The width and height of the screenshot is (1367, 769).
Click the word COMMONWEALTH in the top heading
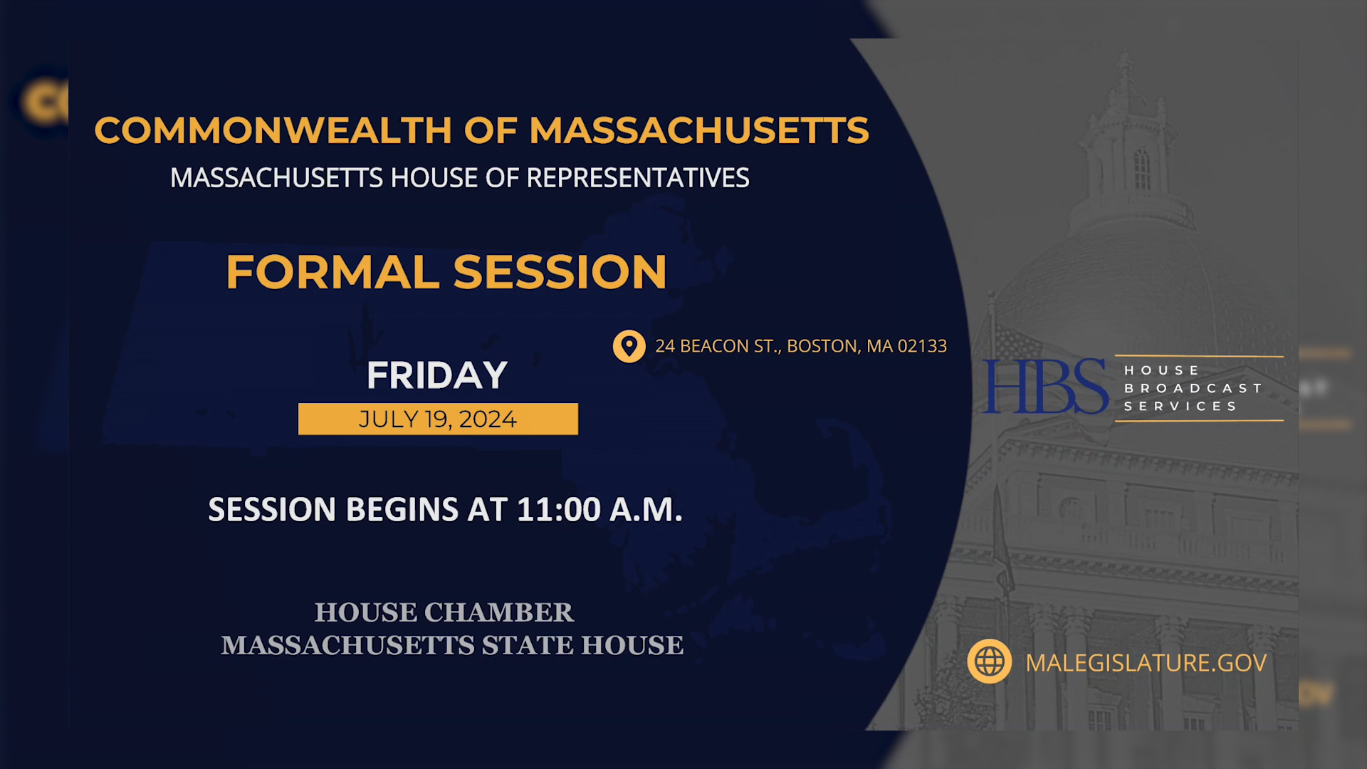273,130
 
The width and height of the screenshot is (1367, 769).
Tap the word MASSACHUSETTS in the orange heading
698,130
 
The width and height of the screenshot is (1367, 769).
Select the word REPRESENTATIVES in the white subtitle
637,178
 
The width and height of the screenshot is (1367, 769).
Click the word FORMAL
332,272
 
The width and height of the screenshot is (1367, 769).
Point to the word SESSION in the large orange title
560,272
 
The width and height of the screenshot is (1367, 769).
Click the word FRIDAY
437,375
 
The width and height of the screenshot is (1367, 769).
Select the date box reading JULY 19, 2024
438,419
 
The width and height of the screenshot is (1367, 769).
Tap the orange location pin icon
629,346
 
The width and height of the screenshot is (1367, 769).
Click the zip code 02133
922,346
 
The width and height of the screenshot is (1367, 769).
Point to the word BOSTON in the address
822,346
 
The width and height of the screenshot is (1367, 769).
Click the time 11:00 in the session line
559,510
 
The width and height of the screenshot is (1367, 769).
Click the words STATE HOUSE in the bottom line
582,645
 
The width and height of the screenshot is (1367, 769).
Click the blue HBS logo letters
1044,387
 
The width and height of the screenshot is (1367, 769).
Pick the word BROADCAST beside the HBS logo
1193,388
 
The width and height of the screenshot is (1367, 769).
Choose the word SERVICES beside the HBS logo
1180,406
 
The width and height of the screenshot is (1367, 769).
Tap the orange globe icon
989,661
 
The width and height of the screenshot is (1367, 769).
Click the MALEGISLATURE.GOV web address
1146,663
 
